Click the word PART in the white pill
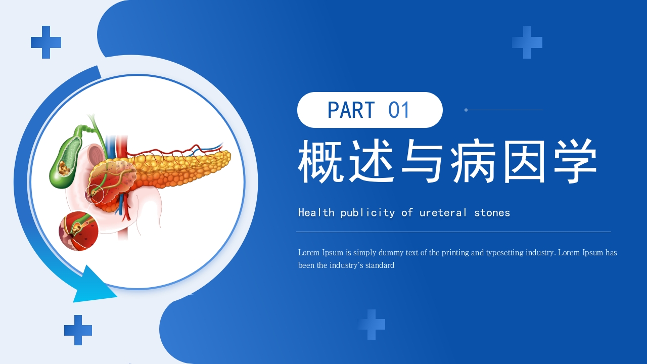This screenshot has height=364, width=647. pos(351,110)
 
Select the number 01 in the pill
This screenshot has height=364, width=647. pos(399,110)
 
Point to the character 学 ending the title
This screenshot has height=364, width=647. pos(574,161)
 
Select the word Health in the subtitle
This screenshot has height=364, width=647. pos(316,213)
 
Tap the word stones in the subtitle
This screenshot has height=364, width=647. pos(492,213)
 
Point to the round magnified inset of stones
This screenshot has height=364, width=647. pos(78,231)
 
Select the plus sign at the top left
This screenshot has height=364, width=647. pos(46,42)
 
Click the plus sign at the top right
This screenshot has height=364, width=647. pos(527,42)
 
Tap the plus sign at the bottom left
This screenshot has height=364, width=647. pos(78,330)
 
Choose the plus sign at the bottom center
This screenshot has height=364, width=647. pos(372,325)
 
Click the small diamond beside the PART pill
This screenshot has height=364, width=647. pos(466,110)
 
